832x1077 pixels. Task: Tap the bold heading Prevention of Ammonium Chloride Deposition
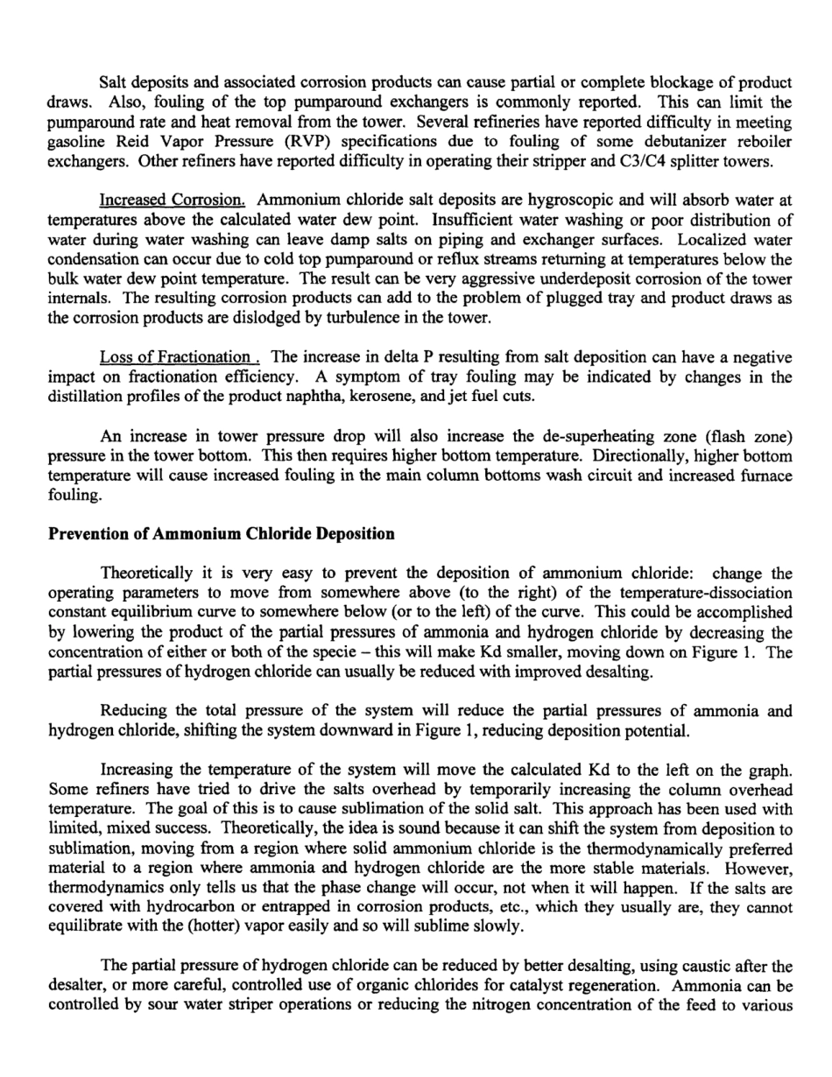point(222,533)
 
